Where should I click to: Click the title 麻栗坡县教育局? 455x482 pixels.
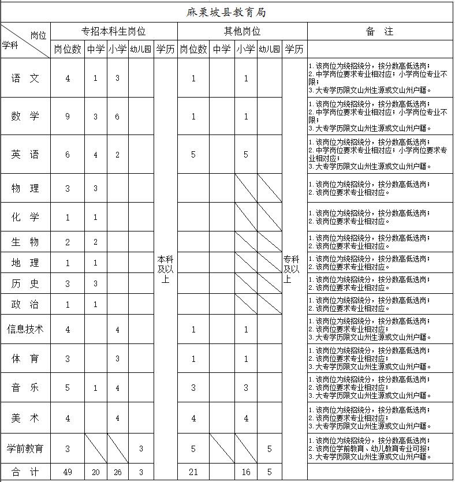[x=228, y=12]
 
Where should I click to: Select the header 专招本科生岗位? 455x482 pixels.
[x=113, y=31]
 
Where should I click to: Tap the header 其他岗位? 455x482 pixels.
[x=242, y=31]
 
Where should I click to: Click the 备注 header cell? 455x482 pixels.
[x=380, y=31]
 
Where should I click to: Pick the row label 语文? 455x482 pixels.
[x=25, y=79]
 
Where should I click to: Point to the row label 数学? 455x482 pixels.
[x=25, y=117]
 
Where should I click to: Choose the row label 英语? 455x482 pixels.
[x=25, y=154]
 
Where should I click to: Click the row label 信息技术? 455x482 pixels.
[x=25, y=329]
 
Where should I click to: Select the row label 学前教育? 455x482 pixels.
[x=25, y=448]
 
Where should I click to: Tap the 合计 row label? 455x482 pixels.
[x=25, y=472]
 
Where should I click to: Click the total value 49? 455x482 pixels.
[x=68, y=472]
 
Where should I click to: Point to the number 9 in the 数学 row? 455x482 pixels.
[x=68, y=117]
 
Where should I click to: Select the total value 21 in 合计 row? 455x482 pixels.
[x=193, y=472]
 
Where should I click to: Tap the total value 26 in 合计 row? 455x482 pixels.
[x=117, y=472]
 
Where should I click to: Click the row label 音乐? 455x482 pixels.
[x=25, y=388]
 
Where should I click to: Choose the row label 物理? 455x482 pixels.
[x=25, y=188]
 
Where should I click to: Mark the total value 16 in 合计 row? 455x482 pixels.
[x=246, y=472]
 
